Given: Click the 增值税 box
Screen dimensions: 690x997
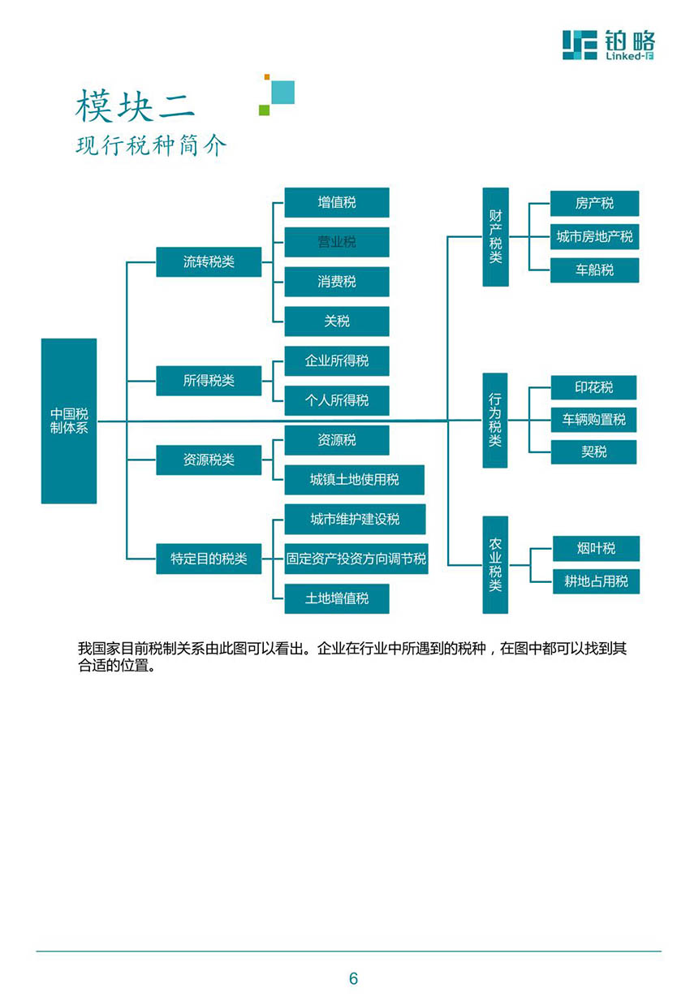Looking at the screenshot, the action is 337,202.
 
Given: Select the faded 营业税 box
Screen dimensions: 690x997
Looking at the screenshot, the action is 337,242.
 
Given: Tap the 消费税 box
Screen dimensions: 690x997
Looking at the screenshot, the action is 337,282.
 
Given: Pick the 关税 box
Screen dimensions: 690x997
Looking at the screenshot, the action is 337,321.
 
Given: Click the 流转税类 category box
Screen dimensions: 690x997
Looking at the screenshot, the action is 209,261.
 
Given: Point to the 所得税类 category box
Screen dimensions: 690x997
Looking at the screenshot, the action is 209,381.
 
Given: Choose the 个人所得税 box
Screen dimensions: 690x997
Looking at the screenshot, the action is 337,400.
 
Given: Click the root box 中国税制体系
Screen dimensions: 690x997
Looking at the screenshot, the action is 68,421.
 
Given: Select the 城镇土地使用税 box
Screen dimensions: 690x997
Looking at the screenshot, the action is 355,480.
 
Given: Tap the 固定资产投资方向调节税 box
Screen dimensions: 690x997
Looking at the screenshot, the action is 356,559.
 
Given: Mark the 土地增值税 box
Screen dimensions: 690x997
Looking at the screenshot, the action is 337,598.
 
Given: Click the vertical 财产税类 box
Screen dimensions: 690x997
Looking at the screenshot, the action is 495,237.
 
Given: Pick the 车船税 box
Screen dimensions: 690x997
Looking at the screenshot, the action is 594,270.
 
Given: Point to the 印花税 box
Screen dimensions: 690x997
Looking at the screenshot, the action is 593,387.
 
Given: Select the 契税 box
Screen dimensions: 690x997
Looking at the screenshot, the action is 593,452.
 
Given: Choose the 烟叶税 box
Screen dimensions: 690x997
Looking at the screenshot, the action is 596,548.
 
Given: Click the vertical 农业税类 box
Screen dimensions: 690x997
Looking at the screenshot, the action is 495,565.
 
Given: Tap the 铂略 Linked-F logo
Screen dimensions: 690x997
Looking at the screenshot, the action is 608,45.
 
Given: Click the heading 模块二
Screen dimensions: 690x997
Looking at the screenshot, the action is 135,106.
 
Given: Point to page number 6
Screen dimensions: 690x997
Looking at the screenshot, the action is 353,978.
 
